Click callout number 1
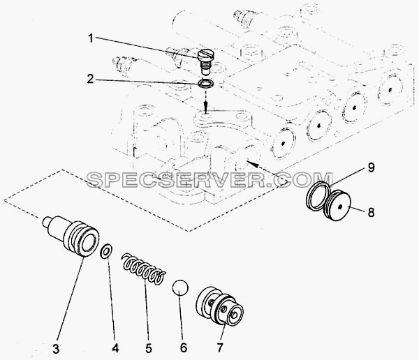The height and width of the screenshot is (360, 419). (91, 39)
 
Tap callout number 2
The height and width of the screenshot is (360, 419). (90, 79)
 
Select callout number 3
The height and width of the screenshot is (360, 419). (56, 349)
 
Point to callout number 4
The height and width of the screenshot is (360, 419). (115, 348)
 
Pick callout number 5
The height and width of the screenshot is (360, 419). (149, 348)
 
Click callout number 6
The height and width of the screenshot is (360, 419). (184, 347)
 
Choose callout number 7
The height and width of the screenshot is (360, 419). (220, 347)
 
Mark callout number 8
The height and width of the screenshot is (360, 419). (371, 213)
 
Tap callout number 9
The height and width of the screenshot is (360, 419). (372, 167)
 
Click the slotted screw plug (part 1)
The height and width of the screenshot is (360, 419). (205, 61)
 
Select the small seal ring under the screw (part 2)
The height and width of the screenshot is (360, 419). (205, 83)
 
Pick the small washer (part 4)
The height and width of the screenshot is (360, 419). (106, 251)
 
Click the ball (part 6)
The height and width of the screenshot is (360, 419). (180, 288)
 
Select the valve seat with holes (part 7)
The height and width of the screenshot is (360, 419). (220, 306)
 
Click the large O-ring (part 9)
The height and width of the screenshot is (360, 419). (318, 194)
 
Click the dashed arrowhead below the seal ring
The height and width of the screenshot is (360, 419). (205, 109)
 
